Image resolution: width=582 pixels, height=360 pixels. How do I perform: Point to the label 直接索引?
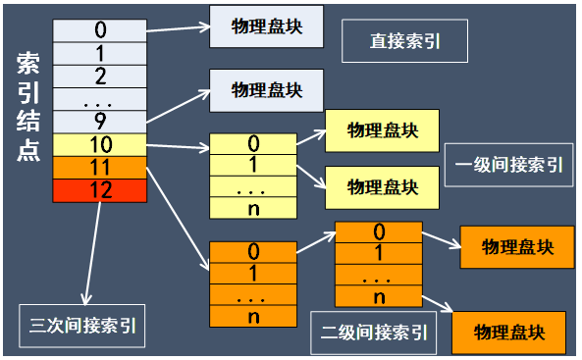click(403, 42)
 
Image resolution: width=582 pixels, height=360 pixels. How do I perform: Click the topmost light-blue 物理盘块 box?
click(265, 27)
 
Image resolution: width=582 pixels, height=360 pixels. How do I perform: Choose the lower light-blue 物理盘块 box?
click(265, 90)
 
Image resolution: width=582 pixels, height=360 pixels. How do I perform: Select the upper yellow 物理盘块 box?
click(382, 130)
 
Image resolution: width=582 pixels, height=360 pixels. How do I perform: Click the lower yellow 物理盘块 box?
click(382, 184)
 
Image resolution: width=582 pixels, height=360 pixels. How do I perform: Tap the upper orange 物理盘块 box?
click(516, 247)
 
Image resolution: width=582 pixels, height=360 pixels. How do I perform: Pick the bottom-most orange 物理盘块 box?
click(508, 331)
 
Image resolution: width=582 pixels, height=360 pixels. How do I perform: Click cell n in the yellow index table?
click(253, 207)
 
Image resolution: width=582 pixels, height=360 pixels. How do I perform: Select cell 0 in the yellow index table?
click(253, 143)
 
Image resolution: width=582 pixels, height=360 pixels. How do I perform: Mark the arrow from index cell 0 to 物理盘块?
click(177, 25)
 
